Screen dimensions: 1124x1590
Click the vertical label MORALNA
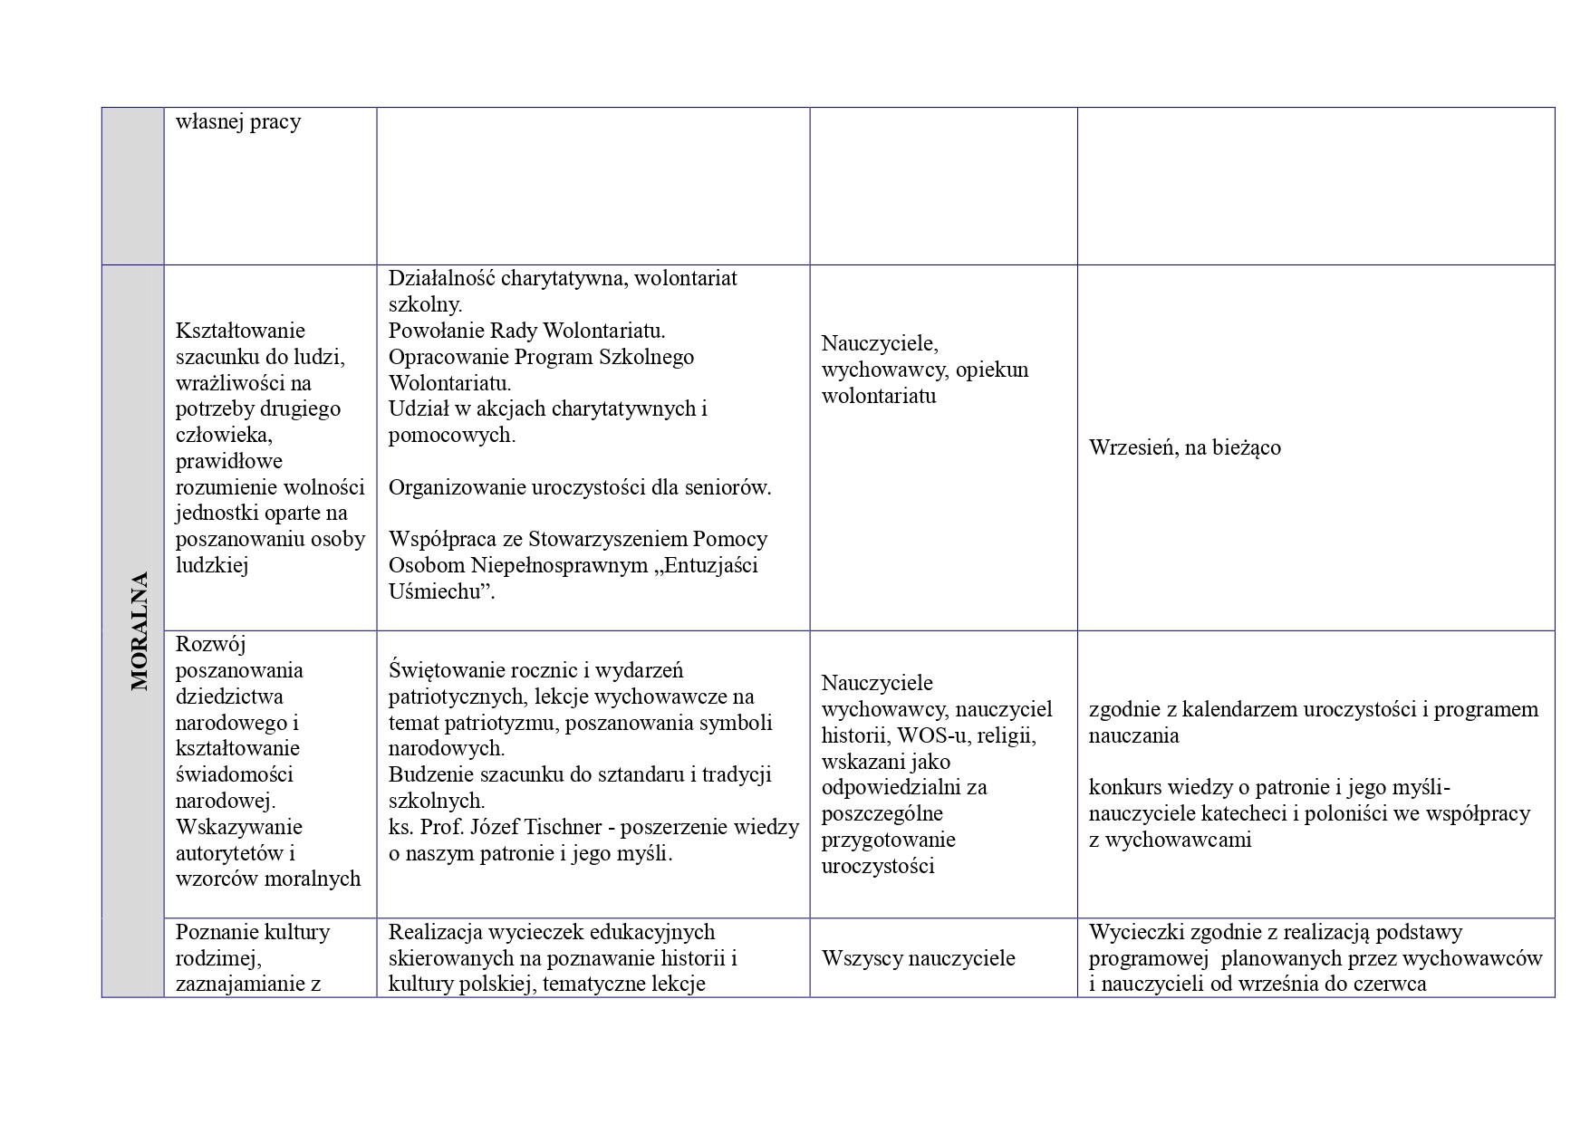point(139,630)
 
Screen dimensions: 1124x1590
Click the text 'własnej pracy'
point(238,121)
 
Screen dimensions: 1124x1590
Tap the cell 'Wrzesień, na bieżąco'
point(1184,447)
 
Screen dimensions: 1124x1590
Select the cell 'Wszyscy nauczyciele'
point(918,958)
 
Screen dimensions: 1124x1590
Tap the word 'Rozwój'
point(210,644)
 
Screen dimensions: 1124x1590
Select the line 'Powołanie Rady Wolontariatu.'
point(526,331)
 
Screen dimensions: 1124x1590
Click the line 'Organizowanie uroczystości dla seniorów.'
point(580,487)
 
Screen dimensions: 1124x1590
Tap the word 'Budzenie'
point(428,774)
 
